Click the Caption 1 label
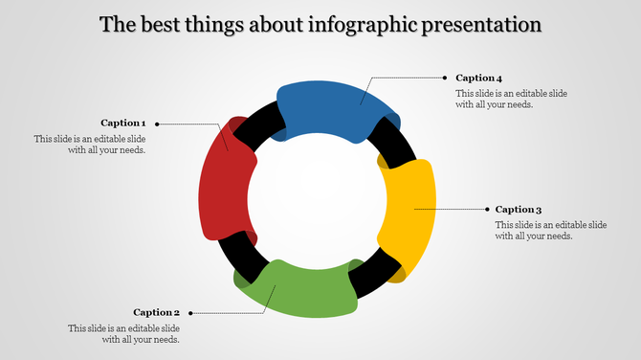[x=123, y=123]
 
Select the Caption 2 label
[x=157, y=312]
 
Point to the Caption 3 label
[x=519, y=209]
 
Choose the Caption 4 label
[x=478, y=78]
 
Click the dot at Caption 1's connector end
[x=157, y=124]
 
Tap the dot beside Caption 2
[x=190, y=312]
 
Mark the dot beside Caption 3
[x=485, y=209]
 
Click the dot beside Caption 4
[x=445, y=77]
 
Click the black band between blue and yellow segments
[x=398, y=143]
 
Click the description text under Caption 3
[x=550, y=230]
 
